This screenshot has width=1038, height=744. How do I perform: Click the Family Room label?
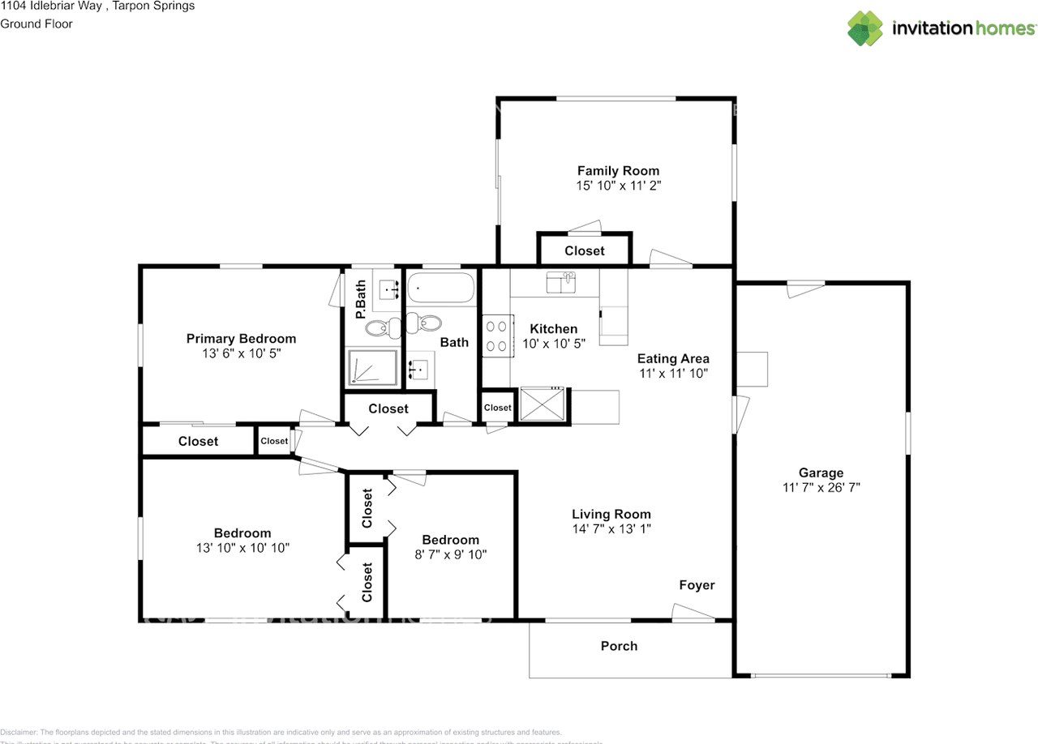tap(618, 171)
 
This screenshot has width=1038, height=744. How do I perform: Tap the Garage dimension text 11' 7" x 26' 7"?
tap(821, 488)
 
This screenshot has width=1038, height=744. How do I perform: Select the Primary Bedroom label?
tap(241, 339)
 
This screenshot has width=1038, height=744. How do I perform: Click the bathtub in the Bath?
tap(440, 289)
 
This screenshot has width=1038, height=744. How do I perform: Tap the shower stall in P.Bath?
tap(372, 367)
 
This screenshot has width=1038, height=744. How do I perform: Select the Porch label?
tap(619, 646)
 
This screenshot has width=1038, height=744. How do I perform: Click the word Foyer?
tap(697, 585)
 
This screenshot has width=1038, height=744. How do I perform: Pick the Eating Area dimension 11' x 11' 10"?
tap(673, 374)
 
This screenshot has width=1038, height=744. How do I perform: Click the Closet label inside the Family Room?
tap(585, 251)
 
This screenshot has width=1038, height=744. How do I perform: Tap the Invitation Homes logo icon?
tap(865, 28)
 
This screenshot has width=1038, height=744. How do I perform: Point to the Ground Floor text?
tap(36, 24)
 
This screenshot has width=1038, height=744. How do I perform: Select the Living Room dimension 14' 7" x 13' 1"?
tap(611, 528)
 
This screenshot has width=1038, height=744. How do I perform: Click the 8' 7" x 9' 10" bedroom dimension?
tap(450, 555)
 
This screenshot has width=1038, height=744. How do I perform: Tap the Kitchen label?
tap(553, 329)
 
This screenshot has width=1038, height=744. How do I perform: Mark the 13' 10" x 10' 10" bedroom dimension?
tap(242, 548)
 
